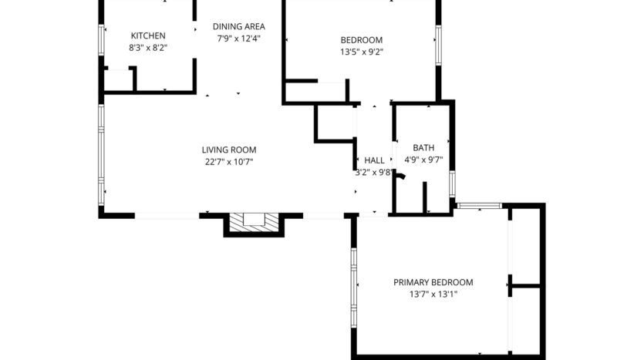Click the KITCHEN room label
click(x=148, y=35)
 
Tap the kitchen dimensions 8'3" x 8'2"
click(x=148, y=48)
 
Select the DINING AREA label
click(x=239, y=26)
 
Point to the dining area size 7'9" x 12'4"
click(x=239, y=39)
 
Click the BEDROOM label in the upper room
click(x=362, y=40)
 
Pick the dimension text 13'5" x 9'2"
click(x=362, y=52)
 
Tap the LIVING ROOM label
click(x=229, y=150)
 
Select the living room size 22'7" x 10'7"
click(x=229, y=162)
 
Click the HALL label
click(x=374, y=160)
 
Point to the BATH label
click(x=423, y=147)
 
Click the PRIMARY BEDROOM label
click(x=433, y=282)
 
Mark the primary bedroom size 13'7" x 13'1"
click(x=433, y=294)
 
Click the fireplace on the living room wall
click(x=254, y=220)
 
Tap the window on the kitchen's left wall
click(x=101, y=40)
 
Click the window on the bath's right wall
click(x=453, y=185)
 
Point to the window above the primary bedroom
click(x=479, y=206)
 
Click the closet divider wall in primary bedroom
click(x=524, y=286)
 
